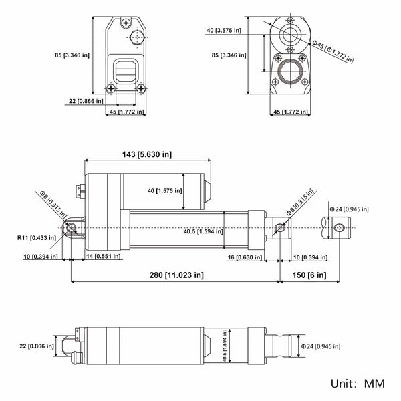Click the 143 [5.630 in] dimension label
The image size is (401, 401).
(x=147, y=154)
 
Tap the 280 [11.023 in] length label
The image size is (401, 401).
(x=176, y=275)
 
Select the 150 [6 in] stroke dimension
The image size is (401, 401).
(x=309, y=275)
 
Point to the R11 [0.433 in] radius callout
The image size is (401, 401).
(x=37, y=237)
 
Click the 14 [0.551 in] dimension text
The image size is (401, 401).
(x=103, y=256)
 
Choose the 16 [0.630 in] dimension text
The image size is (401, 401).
(x=245, y=257)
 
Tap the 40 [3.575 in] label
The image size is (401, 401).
(x=224, y=31)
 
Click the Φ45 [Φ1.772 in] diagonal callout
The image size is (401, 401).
(x=332, y=51)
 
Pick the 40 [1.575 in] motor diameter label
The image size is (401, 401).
(x=164, y=190)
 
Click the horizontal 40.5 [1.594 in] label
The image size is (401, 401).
(x=203, y=231)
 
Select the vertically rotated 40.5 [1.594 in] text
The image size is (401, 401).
(x=225, y=346)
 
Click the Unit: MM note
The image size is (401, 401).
(x=358, y=384)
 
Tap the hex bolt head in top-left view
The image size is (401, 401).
(x=137, y=37)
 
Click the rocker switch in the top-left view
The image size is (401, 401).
(x=126, y=71)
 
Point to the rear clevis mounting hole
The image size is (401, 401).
(x=71, y=227)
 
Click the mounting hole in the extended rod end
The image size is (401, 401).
(x=339, y=227)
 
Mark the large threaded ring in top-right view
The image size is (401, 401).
(x=290, y=72)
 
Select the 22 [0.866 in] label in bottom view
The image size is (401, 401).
(x=37, y=346)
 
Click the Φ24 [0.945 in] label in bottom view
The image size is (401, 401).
(x=320, y=346)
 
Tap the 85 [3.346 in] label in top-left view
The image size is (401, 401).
(x=72, y=55)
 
